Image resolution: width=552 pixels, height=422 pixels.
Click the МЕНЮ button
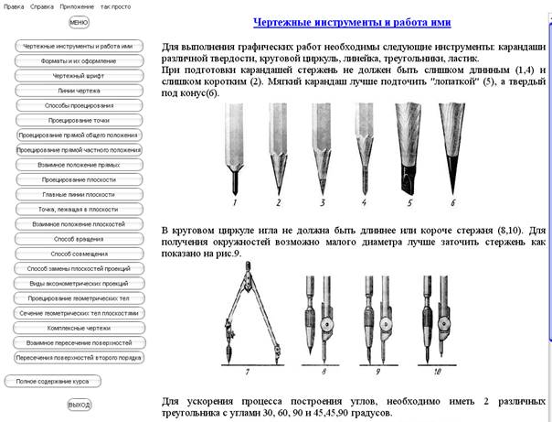coord(79,22)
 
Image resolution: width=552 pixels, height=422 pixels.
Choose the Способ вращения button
coord(79,238)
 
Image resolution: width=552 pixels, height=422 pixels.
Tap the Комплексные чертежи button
coord(79,327)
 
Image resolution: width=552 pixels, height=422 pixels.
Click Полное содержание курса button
coord(58,381)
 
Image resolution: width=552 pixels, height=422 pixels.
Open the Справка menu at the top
coord(40,5)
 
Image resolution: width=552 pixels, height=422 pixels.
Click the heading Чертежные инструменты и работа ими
coord(355,21)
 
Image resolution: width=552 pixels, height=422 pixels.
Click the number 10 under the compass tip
coord(437,372)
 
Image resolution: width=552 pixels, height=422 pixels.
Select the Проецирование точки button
coord(79,120)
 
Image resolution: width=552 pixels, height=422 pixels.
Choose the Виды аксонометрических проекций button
coord(79,283)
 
